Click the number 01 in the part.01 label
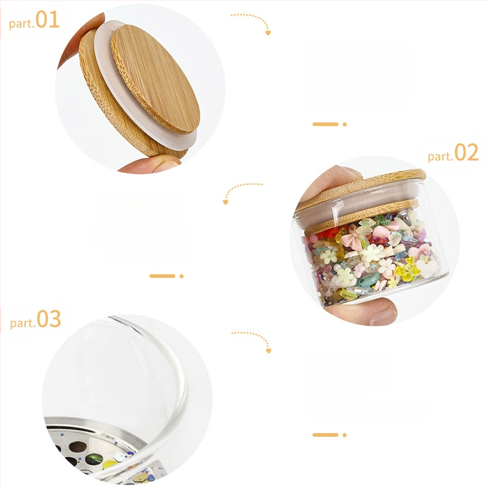pos(48,20)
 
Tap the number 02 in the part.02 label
pos(466,152)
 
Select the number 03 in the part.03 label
pos(49,318)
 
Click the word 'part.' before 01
pos(21,23)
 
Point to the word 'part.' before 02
pos(440,156)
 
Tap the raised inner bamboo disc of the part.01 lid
pos(156,79)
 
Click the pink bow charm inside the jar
pos(351,238)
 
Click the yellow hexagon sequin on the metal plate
pos(110,464)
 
